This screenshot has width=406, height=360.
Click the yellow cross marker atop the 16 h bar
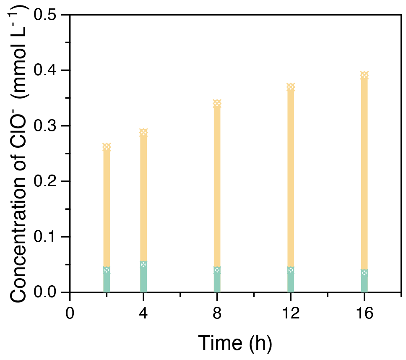click(x=364, y=76)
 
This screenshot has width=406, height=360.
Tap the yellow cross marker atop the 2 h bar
click(x=107, y=147)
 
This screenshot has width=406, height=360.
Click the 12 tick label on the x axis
click(x=291, y=313)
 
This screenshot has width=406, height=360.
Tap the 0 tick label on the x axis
click(x=70, y=313)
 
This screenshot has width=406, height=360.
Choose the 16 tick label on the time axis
click(x=364, y=313)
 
